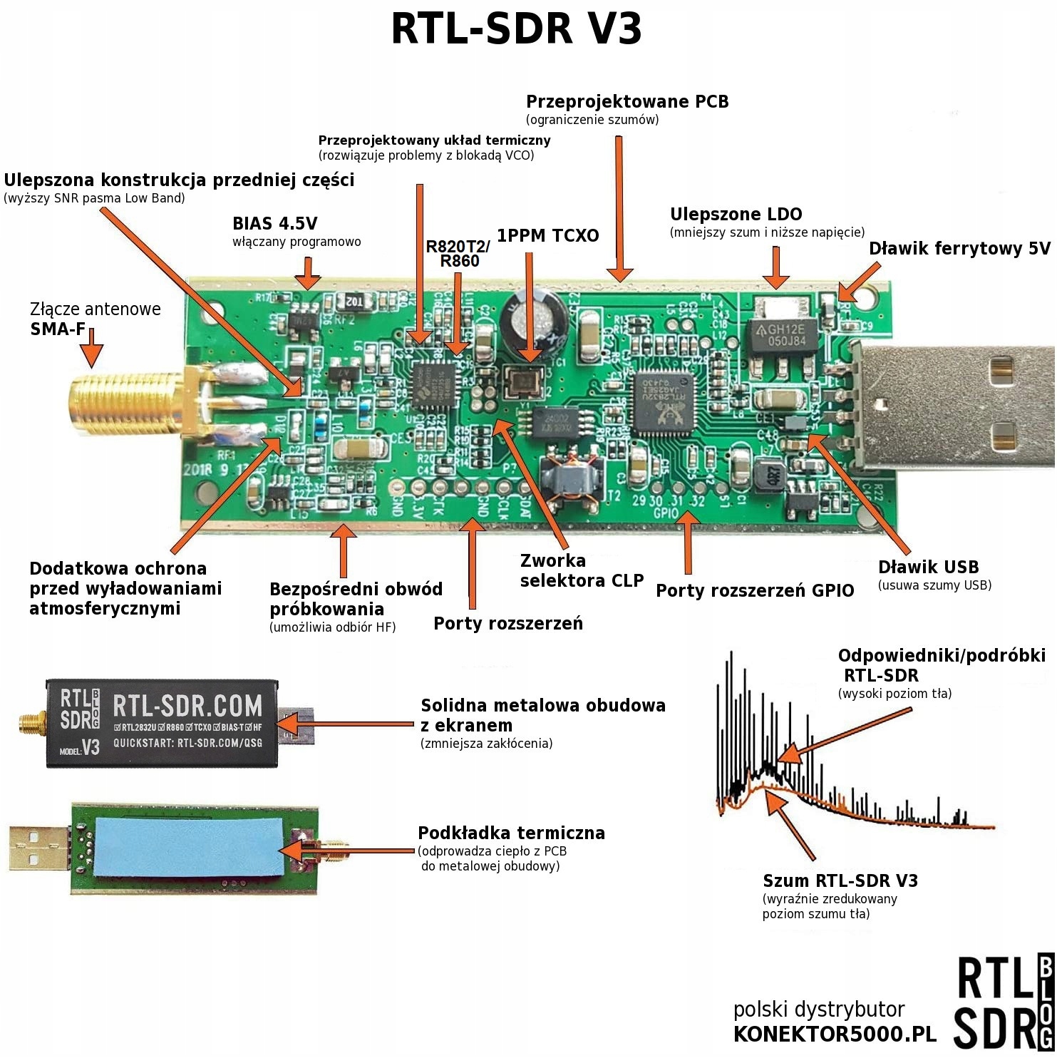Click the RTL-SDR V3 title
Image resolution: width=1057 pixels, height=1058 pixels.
517,29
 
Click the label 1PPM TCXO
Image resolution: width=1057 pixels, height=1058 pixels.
547,236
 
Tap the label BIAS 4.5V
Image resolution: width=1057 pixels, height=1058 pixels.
274,224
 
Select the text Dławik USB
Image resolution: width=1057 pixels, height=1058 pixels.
928,567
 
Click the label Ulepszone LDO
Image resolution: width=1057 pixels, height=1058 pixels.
736,215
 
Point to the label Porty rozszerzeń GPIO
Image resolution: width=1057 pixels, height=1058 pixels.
754,591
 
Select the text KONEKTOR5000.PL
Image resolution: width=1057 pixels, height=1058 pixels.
834,1034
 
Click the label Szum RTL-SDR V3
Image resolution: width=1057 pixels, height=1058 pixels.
840,881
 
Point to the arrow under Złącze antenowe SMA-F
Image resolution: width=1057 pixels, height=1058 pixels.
91,354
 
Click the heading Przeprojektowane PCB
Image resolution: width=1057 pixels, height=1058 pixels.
627,102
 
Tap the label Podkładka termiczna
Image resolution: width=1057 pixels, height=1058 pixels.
511,833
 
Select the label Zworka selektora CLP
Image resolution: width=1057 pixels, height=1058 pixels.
581,571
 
